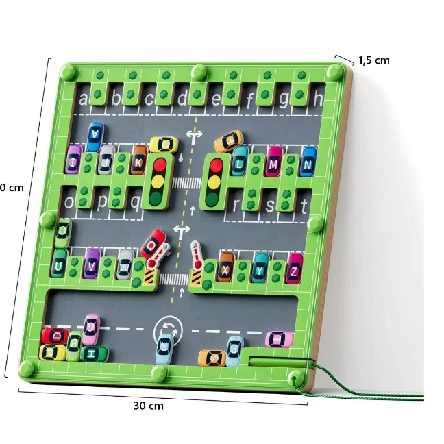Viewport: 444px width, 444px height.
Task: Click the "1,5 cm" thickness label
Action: pyautogui.click(x=373, y=60)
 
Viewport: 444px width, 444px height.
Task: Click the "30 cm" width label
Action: pyautogui.click(x=148, y=405)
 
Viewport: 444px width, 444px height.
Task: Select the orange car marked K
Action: pyautogui.click(x=139, y=162)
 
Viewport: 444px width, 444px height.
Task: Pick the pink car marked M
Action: pyautogui.click(x=274, y=162)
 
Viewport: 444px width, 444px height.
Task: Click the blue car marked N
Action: pyautogui.click(x=308, y=162)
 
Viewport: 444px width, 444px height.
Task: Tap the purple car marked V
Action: pyautogui.click(x=92, y=264)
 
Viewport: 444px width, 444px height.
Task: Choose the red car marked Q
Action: pyautogui.click(x=152, y=244)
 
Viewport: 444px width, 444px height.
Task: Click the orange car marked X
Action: pyautogui.click(x=226, y=268)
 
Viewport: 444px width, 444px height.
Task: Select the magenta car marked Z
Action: pyautogui.click(x=295, y=268)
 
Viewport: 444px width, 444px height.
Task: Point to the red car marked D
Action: pyautogui.click(x=56, y=336)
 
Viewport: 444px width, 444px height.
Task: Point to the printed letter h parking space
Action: pyautogui.click(x=317, y=99)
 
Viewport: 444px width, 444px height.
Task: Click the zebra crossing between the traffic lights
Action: pyautogui.click(x=184, y=182)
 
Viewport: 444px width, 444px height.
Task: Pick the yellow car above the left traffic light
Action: pyautogui.click(x=164, y=145)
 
